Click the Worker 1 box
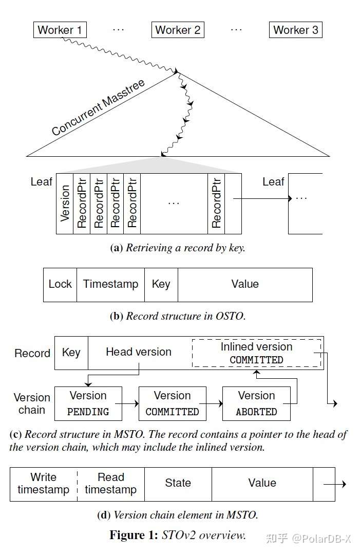click(60, 30)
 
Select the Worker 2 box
click(178, 30)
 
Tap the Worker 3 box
click(295, 30)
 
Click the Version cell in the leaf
click(65, 204)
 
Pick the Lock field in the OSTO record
click(60, 284)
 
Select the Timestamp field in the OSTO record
click(110, 284)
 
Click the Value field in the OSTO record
click(245, 284)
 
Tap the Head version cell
click(139, 352)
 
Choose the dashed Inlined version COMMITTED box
click(256, 353)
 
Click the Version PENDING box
click(88, 403)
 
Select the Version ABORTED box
click(256, 403)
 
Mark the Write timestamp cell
click(44, 484)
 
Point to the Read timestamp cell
click(110, 484)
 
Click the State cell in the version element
click(178, 484)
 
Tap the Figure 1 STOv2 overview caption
click(178, 535)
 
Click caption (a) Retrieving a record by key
click(178, 248)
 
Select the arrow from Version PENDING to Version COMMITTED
click(130, 404)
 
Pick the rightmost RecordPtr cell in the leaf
click(216, 204)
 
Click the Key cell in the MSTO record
click(71, 353)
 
